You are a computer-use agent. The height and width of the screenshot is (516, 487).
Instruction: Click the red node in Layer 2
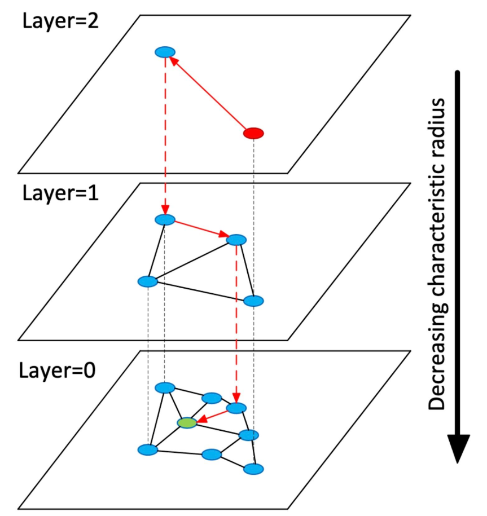(x=253, y=133)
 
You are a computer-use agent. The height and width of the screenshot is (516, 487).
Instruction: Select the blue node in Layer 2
(x=165, y=52)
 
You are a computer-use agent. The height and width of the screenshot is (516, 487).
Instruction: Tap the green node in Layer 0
(x=187, y=422)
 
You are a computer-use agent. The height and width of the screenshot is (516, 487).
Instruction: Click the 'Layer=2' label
(x=60, y=21)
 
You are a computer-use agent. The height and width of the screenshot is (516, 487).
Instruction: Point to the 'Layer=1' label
(x=60, y=193)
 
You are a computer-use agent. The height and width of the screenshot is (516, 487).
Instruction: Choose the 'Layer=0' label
(x=57, y=370)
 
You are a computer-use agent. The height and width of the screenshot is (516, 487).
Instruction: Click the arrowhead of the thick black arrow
(x=458, y=448)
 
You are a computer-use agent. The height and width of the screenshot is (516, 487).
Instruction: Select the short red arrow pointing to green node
(x=212, y=416)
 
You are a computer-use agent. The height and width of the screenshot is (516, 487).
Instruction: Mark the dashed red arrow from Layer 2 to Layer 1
(x=165, y=136)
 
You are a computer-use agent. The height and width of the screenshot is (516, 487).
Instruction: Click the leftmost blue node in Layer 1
(x=147, y=282)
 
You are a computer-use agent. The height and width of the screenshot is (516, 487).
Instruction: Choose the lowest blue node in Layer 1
(x=253, y=301)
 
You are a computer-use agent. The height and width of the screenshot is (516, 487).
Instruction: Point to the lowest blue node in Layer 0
(x=253, y=469)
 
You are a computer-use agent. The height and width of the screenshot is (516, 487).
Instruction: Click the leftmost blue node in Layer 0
(x=147, y=449)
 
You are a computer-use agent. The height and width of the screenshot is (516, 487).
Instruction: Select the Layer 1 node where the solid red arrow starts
(x=165, y=220)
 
